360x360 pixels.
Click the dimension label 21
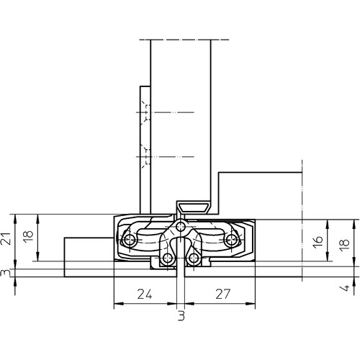[x=7, y=238]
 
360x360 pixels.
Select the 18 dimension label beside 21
[x=29, y=237]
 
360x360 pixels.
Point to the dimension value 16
[x=318, y=242]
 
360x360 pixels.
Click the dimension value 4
[x=345, y=288]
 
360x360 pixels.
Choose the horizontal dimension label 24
[x=145, y=294]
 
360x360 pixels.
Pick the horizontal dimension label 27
[x=222, y=294]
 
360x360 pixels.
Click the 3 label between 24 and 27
[x=181, y=315]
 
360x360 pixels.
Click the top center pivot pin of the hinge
[x=180, y=226]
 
